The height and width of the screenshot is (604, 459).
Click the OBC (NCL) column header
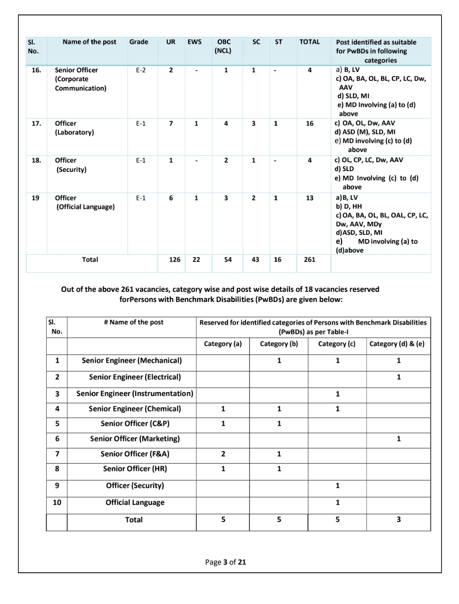pos(224,46)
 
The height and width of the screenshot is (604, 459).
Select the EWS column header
pos(194,42)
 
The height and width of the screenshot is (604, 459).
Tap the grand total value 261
pos(310,259)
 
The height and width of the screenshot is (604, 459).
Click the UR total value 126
pos(174,259)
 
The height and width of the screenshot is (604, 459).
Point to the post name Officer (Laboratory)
pos(74,128)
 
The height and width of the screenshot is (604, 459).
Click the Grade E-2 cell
pos(141,70)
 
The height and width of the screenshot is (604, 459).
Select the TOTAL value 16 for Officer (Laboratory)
pos(310,123)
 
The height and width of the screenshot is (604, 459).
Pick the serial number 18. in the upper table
pos(37,160)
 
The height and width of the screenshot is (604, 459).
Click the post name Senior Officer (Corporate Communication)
pos(80,79)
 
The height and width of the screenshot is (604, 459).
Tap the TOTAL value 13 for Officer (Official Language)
pos(310,198)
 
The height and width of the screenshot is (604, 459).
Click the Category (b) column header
pos(279,344)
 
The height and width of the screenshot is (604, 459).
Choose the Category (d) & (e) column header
pos(397,344)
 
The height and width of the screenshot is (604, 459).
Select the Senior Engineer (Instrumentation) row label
pos(135,393)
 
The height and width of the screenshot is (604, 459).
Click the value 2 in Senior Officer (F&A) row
pos(223,454)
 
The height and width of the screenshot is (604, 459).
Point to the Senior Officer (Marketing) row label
pos(135,439)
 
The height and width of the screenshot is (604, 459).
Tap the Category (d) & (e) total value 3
pos(399,519)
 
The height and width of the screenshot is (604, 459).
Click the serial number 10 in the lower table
pos(57,502)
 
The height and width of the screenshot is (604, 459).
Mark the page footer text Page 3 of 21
pos(225,562)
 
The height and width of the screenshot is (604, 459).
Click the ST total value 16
pos(277,259)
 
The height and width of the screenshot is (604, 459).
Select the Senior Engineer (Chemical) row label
pos(135,409)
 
